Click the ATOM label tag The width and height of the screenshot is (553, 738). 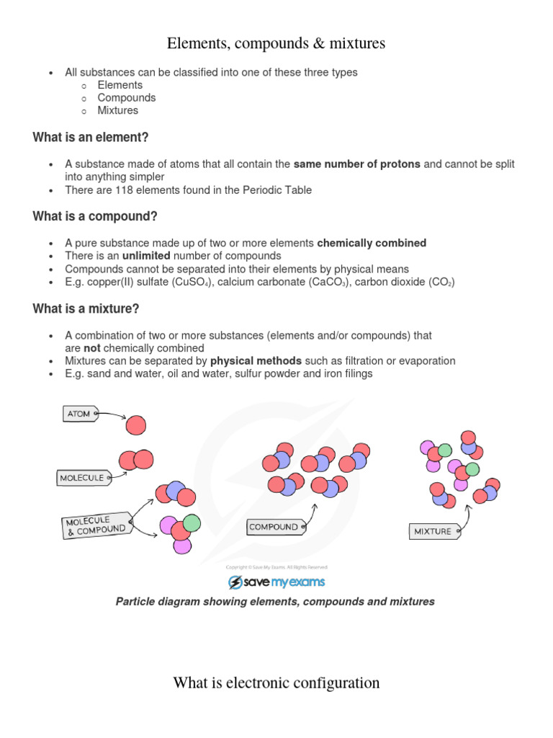pyautogui.click(x=79, y=414)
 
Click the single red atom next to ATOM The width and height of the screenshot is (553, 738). pyautogui.click(x=135, y=426)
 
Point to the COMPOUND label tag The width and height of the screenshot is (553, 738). pyautogui.click(x=274, y=527)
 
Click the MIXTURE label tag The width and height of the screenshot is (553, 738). pyautogui.click(x=433, y=531)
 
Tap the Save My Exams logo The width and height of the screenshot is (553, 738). pyautogui.click(x=276, y=582)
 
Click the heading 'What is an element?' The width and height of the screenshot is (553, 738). pyautogui.click(x=91, y=137)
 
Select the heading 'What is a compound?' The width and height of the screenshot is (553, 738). pyautogui.click(x=95, y=216)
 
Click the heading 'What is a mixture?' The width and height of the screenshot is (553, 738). pyautogui.click(x=86, y=308)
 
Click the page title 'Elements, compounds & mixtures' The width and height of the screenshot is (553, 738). pyautogui.click(x=276, y=44)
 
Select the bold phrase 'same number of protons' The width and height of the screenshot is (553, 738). pyautogui.click(x=356, y=164)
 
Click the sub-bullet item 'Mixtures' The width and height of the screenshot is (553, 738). pyautogui.click(x=118, y=110)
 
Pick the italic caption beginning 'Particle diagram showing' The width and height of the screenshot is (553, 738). pyautogui.click(x=275, y=601)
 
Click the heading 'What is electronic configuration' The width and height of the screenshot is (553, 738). pyautogui.click(x=276, y=683)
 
